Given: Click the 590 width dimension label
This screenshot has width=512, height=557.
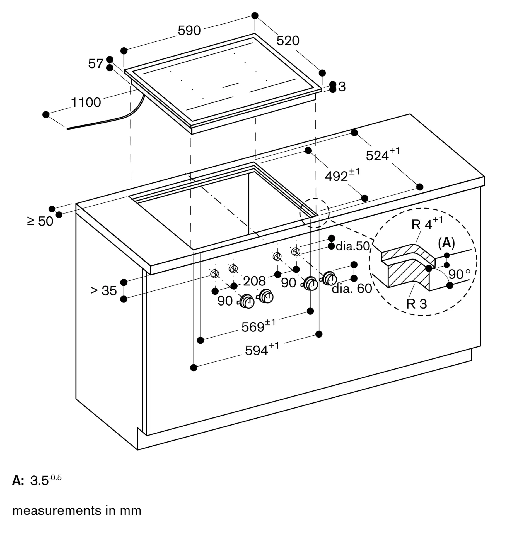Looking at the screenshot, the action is (189, 30).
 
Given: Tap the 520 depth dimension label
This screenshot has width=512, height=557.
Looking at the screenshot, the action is (288, 41).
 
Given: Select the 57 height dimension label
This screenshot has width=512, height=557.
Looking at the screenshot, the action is (96, 63).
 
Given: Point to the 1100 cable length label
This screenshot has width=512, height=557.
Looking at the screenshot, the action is (86, 102).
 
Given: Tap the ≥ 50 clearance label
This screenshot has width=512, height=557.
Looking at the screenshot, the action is (40, 221).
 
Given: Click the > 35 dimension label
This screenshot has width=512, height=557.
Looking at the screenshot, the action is (103, 290).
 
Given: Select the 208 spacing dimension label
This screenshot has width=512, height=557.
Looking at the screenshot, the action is (254, 281).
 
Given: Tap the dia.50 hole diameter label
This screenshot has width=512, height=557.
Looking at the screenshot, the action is (353, 246).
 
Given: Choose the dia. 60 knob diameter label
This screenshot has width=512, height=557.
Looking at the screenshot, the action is (352, 289).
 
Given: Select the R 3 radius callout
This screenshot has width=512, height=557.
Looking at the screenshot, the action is (417, 304).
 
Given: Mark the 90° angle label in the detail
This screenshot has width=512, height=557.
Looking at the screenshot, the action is (459, 274).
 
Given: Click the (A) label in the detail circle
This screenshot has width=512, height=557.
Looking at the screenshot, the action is (446, 243).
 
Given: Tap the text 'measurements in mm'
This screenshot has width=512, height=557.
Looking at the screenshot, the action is (77, 510).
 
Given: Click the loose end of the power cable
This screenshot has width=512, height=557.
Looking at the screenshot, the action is (67, 129).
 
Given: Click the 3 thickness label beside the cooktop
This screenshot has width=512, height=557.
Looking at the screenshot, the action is (342, 87).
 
